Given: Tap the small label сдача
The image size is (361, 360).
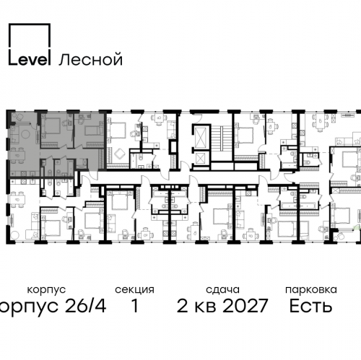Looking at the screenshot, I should (225, 289).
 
